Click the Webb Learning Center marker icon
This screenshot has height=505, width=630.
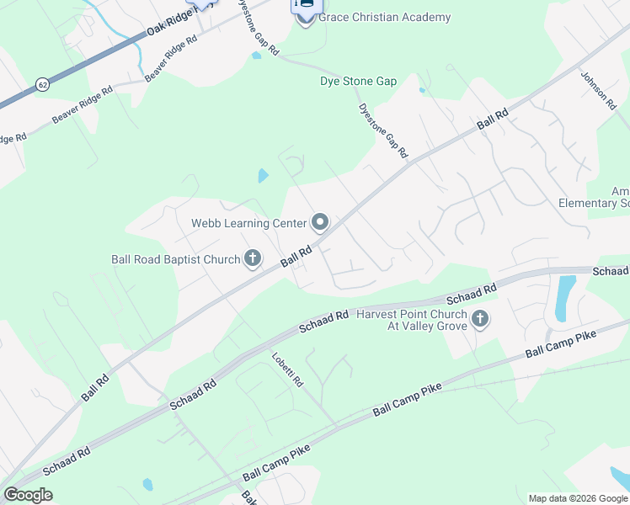tap(320, 222)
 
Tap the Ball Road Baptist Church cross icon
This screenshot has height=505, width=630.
tap(253, 258)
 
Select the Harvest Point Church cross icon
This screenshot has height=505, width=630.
tap(480, 319)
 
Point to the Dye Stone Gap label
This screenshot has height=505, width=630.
tap(358, 82)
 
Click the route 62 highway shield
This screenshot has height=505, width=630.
tap(42, 85)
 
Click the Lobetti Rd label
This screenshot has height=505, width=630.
tap(286, 368)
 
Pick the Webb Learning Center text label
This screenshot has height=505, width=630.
tap(248, 223)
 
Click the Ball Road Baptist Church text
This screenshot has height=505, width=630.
tap(175, 259)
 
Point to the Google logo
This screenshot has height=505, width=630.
tap(28, 495)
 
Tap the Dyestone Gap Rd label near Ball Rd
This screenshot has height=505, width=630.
tap(383, 130)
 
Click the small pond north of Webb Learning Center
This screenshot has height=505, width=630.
tap(264, 176)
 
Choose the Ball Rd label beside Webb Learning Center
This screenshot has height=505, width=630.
tap(296, 256)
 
